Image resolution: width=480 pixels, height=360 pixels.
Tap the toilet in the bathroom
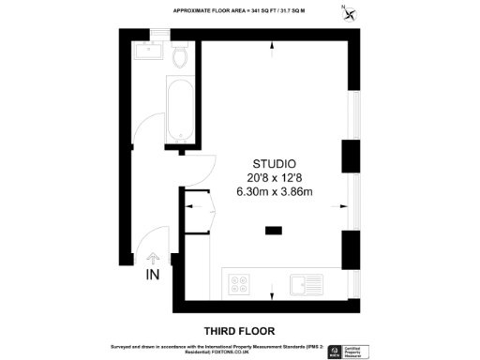pyautogui.click(x=181, y=58)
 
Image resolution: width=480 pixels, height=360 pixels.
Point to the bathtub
pyautogui.click(x=180, y=113)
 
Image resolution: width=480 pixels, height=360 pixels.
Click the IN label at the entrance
pyautogui.click(x=153, y=275)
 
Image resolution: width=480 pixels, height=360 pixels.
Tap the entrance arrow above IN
pyautogui.click(x=153, y=257)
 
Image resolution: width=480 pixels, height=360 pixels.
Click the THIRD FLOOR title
pyautogui.click(x=240, y=330)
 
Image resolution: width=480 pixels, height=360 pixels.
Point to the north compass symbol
pyautogui.click(x=350, y=12)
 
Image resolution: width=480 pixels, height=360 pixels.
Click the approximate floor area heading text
pyautogui.click(x=239, y=10)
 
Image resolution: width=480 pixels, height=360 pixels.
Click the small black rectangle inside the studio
pyautogui.click(x=274, y=229)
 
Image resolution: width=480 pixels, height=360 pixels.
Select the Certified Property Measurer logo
pyautogui.click(x=353, y=352)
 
